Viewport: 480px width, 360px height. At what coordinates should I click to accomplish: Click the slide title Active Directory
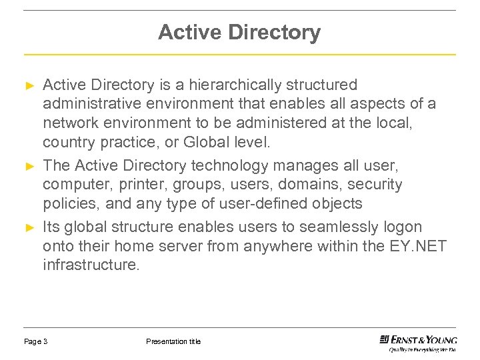[239, 32]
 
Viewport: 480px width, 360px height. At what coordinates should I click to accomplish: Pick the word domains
[309, 184]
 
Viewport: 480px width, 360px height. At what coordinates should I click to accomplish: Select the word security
[377, 184]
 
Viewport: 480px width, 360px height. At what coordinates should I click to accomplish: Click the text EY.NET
[418, 247]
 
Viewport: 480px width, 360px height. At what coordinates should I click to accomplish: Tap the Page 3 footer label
[35, 341]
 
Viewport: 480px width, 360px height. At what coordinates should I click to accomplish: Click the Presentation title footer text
[173, 341]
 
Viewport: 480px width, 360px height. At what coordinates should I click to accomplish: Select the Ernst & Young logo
[418, 341]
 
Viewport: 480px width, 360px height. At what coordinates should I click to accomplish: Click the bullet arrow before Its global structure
[29, 228]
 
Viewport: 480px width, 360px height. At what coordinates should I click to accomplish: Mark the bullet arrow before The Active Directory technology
[29, 165]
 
